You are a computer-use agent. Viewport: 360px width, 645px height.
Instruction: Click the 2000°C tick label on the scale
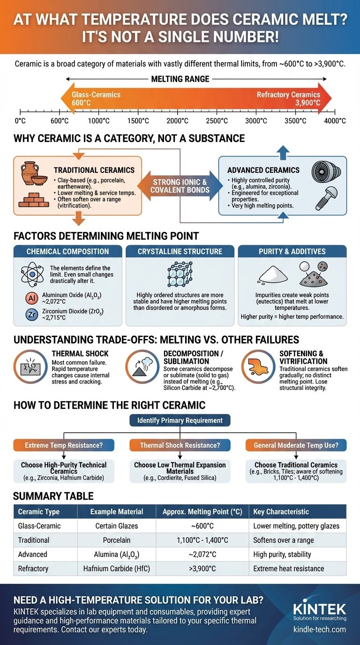tap(177, 121)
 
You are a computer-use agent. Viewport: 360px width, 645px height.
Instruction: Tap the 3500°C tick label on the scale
tap(295, 121)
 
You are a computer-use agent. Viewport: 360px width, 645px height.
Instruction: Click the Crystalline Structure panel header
tap(180, 252)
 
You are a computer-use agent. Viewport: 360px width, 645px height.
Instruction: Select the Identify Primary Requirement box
tap(180, 420)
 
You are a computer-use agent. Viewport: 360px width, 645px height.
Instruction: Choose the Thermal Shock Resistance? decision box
tap(180, 445)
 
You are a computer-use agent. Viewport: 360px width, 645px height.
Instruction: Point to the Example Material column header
tap(116, 511)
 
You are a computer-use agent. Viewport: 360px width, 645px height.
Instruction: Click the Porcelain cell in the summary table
tap(116, 540)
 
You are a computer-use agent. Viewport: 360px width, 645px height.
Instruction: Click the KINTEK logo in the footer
tap(319, 609)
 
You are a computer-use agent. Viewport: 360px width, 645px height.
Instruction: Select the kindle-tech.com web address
tap(319, 630)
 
